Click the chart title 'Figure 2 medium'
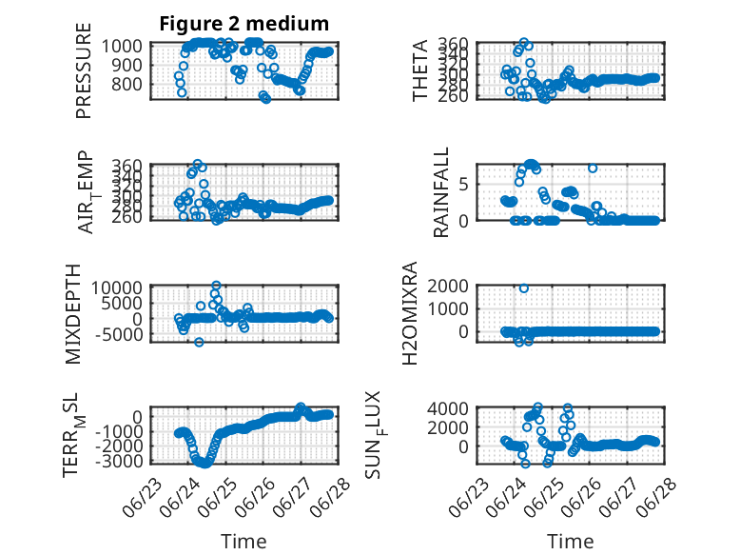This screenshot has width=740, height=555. click(x=244, y=24)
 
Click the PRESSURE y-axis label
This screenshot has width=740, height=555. click(x=83, y=70)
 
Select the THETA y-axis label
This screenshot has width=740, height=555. click(x=419, y=70)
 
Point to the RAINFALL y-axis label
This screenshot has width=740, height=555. click(x=440, y=192)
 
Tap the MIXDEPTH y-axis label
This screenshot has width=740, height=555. click(x=73, y=314)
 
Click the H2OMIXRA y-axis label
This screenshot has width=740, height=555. click(x=409, y=313)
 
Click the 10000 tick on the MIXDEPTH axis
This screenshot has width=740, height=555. click(x=117, y=287)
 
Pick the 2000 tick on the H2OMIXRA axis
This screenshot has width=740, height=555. click(x=448, y=286)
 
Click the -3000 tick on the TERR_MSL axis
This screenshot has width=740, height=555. click(x=119, y=461)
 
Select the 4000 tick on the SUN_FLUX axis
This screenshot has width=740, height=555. click(x=448, y=408)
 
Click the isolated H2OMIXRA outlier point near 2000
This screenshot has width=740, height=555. click(x=523, y=288)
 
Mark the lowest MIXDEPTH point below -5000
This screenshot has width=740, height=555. click(x=199, y=342)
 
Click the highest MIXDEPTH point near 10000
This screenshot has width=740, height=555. click(x=216, y=286)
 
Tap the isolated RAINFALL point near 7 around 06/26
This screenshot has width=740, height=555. click(x=593, y=168)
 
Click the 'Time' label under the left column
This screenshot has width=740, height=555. click(x=243, y=541)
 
